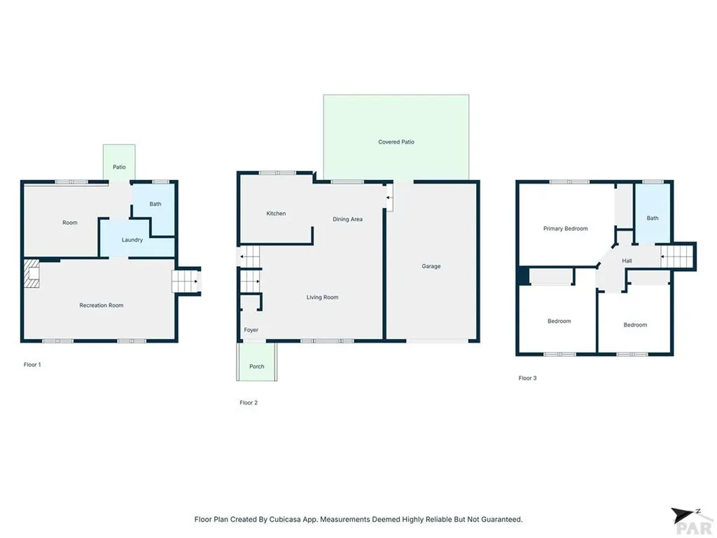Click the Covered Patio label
pos(396,142)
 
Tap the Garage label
pos(431,266)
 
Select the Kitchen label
pos(276,214)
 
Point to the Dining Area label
pos(347,219)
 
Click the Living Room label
pos(322,298)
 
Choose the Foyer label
pos(251,330)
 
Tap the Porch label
pos(257,366)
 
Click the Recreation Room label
pos(102,305)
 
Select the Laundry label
pos(132,240)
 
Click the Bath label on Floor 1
pos(155,205)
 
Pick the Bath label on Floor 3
pos(653,219)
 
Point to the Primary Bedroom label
pos(566,228)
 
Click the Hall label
pos(627,261)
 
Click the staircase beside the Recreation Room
pos(186,282)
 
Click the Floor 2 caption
pos(249,403)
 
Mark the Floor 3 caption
pos(527,378)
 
